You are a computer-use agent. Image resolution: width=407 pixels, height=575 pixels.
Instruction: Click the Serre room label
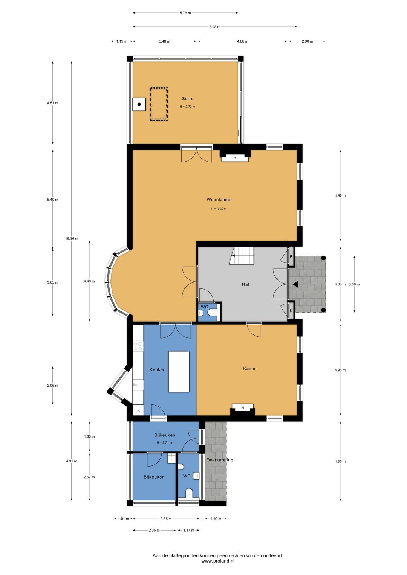[188, 99]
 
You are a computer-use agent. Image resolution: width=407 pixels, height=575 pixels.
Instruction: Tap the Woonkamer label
[219, 200]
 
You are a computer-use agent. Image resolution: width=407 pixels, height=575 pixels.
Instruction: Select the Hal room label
[245, 284]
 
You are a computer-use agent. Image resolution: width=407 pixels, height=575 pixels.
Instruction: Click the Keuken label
[157, 369]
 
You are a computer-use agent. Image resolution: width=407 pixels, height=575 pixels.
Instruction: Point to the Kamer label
[250, 368]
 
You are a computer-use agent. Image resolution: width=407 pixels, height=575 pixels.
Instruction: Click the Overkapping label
[220, 460]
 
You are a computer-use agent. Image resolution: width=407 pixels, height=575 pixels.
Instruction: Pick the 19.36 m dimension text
[72, 238]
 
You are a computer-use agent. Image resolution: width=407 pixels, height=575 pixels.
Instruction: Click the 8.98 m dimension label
[214, 27]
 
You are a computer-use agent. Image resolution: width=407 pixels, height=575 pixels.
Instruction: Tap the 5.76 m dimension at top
[185, 13]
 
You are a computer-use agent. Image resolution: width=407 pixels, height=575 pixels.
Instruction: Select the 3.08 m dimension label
[354, 284]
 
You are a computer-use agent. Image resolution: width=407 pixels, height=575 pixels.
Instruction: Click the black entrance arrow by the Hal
[295, 284]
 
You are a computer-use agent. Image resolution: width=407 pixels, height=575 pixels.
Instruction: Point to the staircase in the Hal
[242, 255]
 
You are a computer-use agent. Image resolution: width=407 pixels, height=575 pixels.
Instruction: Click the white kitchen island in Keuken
[179, 371]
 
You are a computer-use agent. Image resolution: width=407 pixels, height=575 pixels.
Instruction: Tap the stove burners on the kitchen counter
[138, 346]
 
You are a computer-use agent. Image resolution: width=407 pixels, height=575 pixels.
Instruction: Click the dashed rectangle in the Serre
[159, 104]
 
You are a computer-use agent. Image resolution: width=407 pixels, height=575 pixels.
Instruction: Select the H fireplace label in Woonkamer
[234, 158]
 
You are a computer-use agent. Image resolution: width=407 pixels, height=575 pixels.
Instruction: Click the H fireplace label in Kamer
[242, 408]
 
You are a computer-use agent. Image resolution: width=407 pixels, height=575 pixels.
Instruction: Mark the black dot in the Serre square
[139, 104]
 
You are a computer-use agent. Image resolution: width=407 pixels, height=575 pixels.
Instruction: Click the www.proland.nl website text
[218, 568]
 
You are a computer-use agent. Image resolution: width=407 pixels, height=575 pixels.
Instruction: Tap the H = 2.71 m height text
[164, 442]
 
